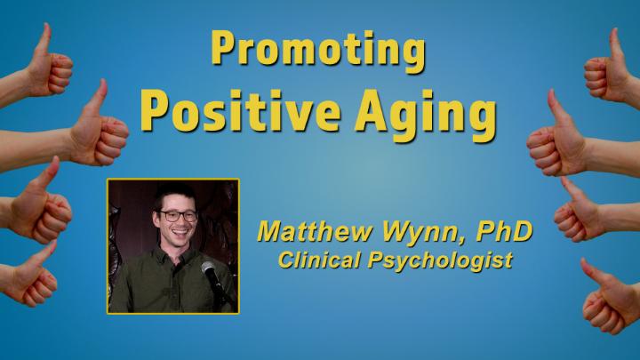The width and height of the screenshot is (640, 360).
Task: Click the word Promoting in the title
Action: point(319,50)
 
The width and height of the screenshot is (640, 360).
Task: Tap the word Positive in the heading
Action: point(241,111)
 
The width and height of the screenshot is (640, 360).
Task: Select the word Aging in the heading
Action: point(427,115)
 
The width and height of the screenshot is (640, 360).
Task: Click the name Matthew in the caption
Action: point(315,232)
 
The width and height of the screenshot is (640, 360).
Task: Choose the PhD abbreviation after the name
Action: point(505,231)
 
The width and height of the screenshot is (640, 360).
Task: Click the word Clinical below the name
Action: point(320,260)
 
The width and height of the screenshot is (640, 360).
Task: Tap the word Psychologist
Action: point(440,261)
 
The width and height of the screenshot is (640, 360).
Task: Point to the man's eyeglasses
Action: point(179,216)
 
